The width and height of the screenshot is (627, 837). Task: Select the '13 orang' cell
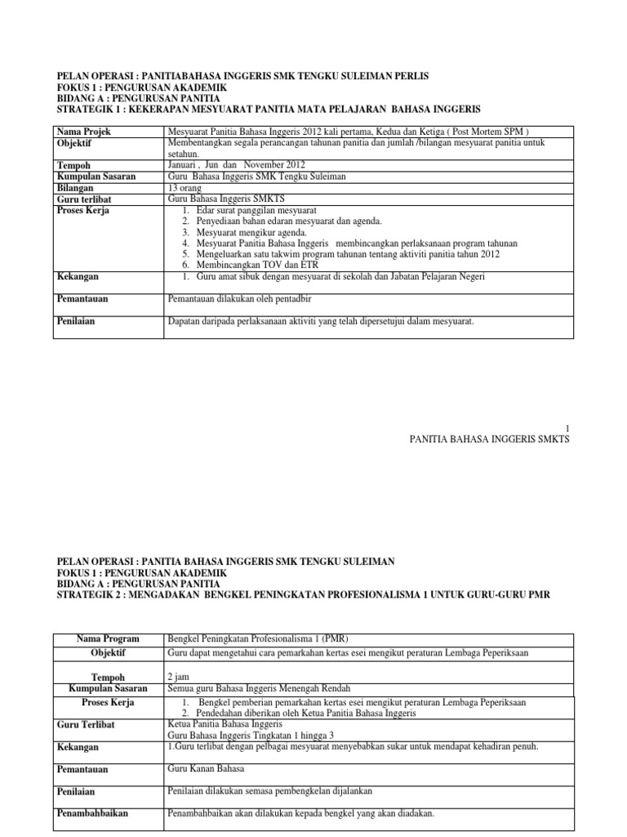tap(185, 187)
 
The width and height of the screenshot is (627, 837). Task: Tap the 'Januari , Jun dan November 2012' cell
tap(236, 164)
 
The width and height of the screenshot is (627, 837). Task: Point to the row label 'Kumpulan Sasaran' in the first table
tap(96, 176)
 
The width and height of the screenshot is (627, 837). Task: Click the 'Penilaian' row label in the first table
tap(75, 321)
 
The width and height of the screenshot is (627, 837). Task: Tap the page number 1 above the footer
tap(567, 427)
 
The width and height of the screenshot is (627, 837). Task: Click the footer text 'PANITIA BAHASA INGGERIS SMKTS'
tap(488, 439)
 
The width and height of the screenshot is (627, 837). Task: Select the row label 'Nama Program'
tap(108, 638)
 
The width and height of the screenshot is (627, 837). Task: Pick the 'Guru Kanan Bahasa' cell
tap(207, 769)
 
